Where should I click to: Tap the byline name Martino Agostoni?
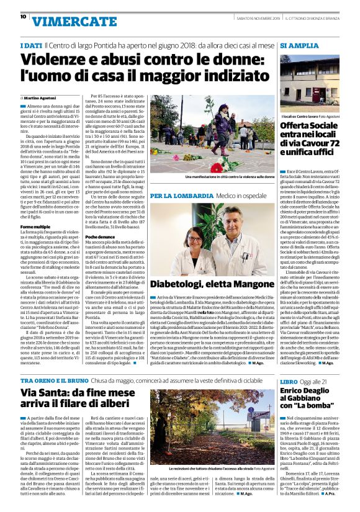(x=42, y=98)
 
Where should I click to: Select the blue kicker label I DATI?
(x=31, y=47)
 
